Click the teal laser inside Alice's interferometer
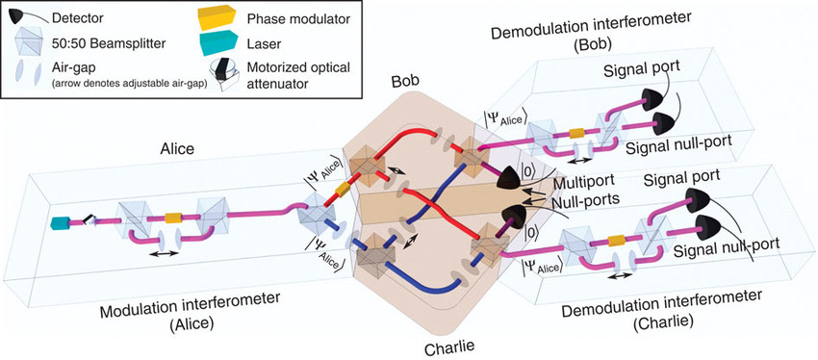click(58, 222)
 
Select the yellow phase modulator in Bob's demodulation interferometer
click(576, 133)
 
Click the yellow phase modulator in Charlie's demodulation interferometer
click(617, 240)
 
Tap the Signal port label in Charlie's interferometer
click(682, 175)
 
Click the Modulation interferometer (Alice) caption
click(192, 311)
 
